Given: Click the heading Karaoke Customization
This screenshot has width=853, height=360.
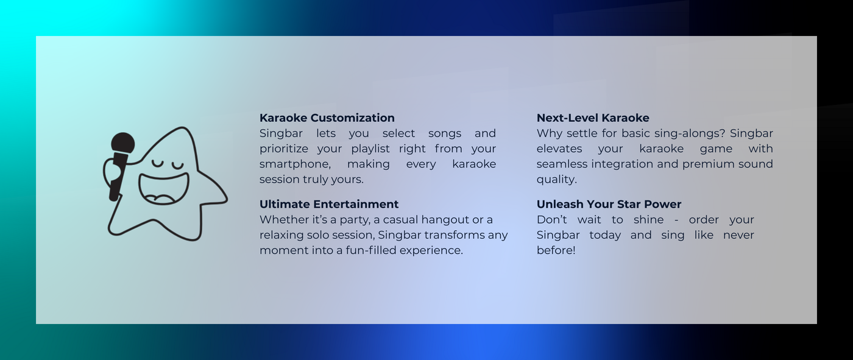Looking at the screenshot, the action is [327, 118].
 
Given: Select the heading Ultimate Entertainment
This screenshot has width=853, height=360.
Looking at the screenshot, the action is [329, 204].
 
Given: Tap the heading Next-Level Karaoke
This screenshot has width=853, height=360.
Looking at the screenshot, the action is [593, 118].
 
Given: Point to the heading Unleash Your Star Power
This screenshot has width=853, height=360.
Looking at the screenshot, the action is [609, 204].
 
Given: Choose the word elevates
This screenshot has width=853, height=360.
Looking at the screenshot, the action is [559, 149].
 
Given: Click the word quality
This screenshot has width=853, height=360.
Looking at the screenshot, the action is [556, 180].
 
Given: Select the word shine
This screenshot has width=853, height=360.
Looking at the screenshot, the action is [648, 220].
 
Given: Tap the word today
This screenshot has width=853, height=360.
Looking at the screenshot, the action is [605, 235].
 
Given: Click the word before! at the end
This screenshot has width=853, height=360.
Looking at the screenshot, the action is [556, 250].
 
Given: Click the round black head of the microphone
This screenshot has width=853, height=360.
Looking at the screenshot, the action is [122, 144].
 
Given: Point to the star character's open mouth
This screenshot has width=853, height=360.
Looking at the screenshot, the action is [164, 189].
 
